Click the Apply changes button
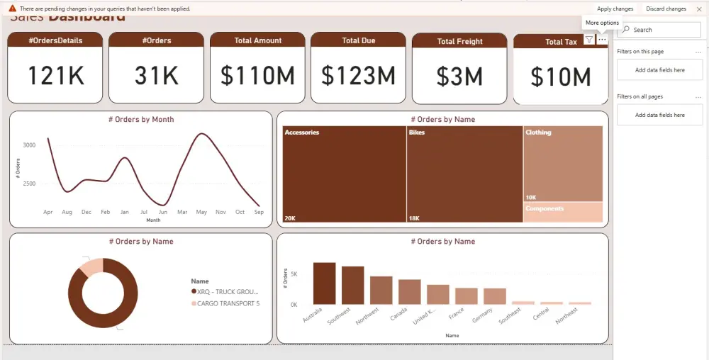pyautogui.click(x=615, y=9)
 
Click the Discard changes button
pyautogui.click(x=666, y=9)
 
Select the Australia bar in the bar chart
pyautogui.click(x=324, y=283)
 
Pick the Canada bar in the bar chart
pyautogui.click(x=409, y=291)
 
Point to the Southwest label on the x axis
pyautogui.click(x=340, y=315)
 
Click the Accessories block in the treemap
pyautogui.click(x=344, y=174)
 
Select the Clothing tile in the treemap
pyautogui.click(x=562, y=163)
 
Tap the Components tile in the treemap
pyautogui.click(x=563, y=212)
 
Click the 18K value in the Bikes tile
pyautogui.click(x=414, y=218)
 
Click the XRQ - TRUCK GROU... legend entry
pyautogui.click(x=228, y=291)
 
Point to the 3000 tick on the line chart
pyautogui.click(x=29, y=145)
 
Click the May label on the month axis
pyautogui.click(x=201, y=212)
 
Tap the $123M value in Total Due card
pyautogui.click(x=358, y=75)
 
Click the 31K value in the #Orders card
pyautogui.click(x=157, y=75)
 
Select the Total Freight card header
pyautogui.click(x=459, y=41)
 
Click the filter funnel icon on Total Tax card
pyautogui.click(x=589, y=40)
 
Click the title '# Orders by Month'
pyautogui.click(x=140, y=120)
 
